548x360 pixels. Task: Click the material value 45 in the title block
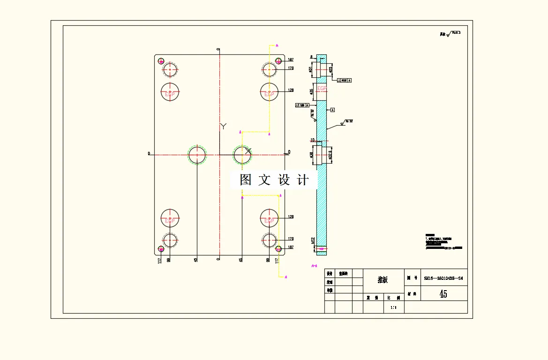click(443, 294)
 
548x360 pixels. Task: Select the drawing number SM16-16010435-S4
click(443, 278)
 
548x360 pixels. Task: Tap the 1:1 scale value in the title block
click(393, 307)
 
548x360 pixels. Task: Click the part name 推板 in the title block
click(383, 280)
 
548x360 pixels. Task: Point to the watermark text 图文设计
click(274, 180)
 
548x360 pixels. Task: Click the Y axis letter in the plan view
click(224, 126)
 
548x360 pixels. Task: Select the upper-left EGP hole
click(170, 92)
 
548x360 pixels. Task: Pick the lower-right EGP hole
click(270, 218)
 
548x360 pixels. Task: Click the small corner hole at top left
click(161, 61)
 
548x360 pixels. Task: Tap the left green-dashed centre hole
click(197, 154)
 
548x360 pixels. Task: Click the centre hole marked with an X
click(243, 154)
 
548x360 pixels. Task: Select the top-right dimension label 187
click(291, 60)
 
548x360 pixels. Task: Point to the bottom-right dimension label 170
click(291, 239)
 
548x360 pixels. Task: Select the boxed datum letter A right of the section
click(332, 110)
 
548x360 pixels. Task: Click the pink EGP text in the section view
click(322, 89)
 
